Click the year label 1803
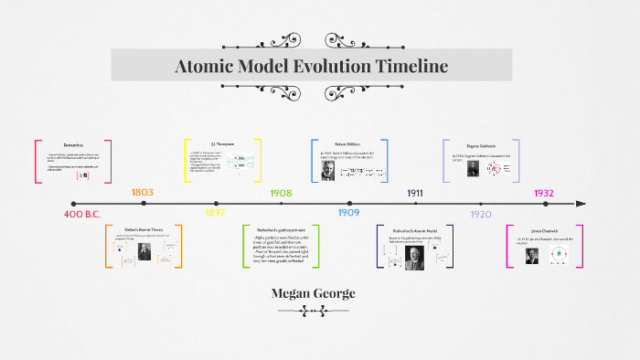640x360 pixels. pyautogui.click(x=142, y=193)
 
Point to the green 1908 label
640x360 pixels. pyautogui.click(x=281, y=193)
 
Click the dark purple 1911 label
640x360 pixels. pyautogui.click(x=414, y=193)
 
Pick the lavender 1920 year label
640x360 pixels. pyautogui.click(x=480, y=214)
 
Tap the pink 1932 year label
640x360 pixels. pyautogui.click(x=546, y=193)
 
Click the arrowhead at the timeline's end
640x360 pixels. pyautogui.click(x=581, y=204)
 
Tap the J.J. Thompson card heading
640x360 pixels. pyautogui.click(x=225, y=144)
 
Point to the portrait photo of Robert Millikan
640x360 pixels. pyautogui.click(x=328, y=170)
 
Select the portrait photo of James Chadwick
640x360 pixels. pyautogui.click(x=531, y=256)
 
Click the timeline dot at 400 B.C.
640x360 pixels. pyautogui.click(x=74, y=204)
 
